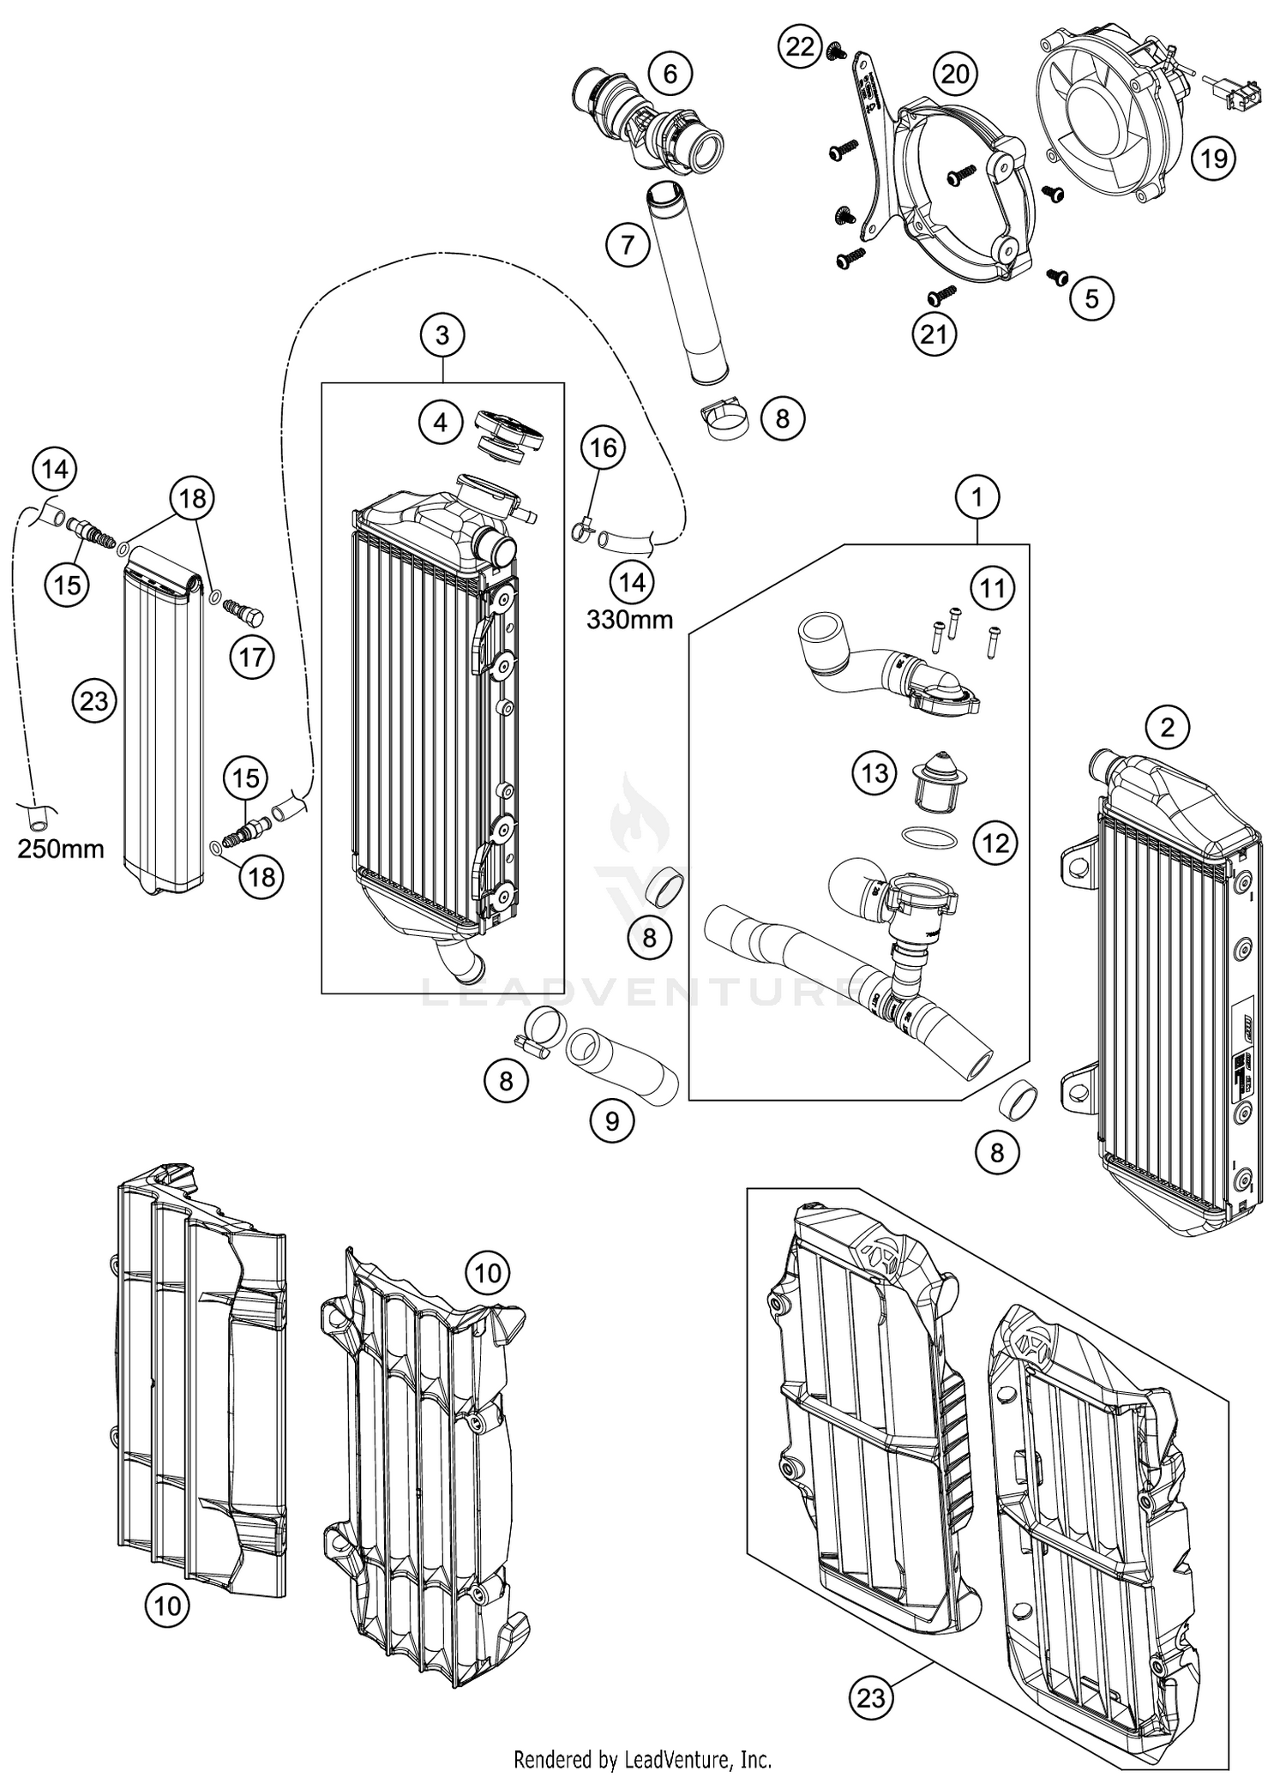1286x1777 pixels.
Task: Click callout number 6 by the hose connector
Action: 670,75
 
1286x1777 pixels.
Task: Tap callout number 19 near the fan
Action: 1213,159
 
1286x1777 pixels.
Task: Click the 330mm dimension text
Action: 629,619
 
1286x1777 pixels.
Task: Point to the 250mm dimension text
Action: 61,849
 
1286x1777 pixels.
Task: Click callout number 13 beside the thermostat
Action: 874,774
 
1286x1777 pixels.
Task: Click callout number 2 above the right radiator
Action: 1167,728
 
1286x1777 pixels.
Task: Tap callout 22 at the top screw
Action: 800,46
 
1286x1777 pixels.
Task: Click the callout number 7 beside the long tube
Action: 628,245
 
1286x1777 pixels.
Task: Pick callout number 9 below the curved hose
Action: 612,1120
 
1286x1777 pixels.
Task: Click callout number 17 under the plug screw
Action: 252,657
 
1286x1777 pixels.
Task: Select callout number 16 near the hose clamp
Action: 604,447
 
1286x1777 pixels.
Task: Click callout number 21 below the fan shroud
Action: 933,333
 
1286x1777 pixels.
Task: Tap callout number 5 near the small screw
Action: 1091,298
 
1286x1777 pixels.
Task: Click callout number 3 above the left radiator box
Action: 442,335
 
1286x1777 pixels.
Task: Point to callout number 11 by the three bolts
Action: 992,589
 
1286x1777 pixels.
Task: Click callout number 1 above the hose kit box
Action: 977,496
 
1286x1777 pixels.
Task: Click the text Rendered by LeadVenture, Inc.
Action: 642,1760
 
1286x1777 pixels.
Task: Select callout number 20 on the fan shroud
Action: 955,75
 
